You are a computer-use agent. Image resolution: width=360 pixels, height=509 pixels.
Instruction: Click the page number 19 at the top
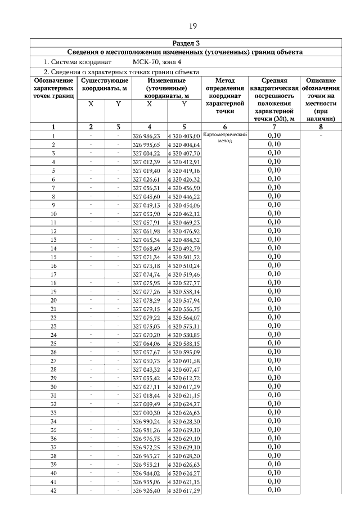pyautogui.click(x=192, y=26)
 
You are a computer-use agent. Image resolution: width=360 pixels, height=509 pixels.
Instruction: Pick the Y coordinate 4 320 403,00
pyautogui.click(x=184, y=136)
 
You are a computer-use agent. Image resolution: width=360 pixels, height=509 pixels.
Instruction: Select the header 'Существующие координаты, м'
pyautogui.click(x=104, y=85)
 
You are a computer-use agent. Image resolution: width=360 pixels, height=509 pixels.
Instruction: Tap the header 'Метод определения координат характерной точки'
pyautogui.click(x=224, y=96)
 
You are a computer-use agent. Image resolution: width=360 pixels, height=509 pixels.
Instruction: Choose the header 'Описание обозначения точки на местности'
pyautogui.click(x=321, y=100)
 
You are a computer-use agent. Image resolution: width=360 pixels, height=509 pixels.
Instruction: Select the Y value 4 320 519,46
pyautogui.click(x=184, y=274)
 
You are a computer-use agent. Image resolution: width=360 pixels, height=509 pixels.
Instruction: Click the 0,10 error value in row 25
pyautogui.click(x=274, y=343)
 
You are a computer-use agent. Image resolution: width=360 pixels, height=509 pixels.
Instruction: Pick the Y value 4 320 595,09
pyautogui.click(x=184, y=352)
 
